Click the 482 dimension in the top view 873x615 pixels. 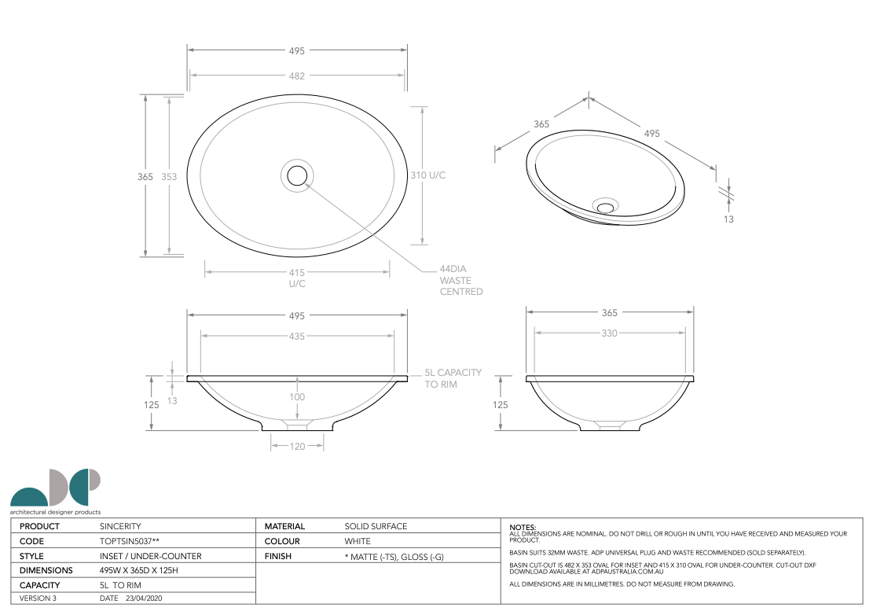pyautogui.click(x=297, y=75)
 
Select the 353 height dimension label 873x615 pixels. pyautogui.click(x=169, y=177)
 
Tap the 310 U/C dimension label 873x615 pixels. pyautogui.click(x=428, y=175)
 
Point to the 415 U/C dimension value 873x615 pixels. pyautogui.click(x=297, y=278)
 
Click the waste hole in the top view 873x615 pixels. pyautogui.click(x=297, y=175)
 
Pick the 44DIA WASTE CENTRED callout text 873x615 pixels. pyautogui.click(x=461, y=280)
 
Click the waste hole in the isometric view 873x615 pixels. pyautogui.click(x=605, y=207)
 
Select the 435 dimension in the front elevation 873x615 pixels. pyautogui.click(x=297, y=337)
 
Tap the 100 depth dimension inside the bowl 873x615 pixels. pyautogui.click(x=297, y=396)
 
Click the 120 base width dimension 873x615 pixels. pyautogui.click(x=297, y=446)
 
